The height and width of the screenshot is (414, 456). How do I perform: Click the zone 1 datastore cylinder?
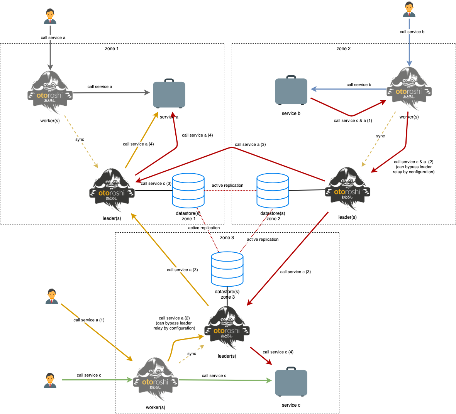point(188,191)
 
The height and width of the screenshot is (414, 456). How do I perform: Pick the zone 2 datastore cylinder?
point(273,191)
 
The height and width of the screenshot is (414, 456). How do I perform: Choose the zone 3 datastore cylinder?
point(227,269)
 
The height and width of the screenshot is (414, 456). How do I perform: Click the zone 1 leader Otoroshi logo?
point(112,190)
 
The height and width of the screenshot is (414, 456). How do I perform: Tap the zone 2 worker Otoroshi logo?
point(409,89)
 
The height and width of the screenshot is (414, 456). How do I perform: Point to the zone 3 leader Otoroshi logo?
point(227,328)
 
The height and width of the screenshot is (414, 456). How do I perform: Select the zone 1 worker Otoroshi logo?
point(50,93)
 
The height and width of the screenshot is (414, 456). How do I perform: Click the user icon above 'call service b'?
point(409,10)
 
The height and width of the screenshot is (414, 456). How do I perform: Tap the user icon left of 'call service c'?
point(50,380)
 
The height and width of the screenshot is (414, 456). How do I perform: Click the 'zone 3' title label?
point(227,238)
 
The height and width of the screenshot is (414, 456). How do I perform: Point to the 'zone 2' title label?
point(344,49)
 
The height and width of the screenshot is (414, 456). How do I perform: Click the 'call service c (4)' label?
point(278,352)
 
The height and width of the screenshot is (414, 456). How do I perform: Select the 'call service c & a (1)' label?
point(353,120)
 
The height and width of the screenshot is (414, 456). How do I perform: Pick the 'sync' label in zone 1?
point(80,140)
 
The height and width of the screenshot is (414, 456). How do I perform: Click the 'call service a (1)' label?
point(89,320)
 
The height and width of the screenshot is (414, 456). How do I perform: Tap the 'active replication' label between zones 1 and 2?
point(227,185)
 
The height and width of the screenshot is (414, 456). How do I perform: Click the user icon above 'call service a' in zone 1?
point(50,17)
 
